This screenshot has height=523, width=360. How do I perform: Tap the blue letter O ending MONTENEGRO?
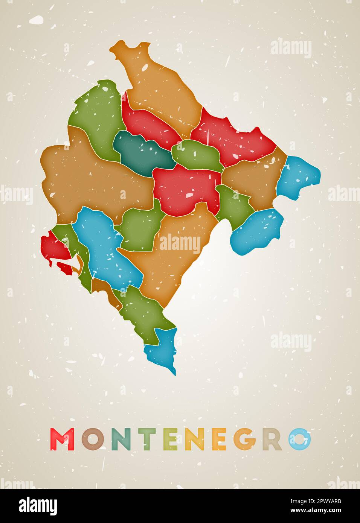(x=300, y=439)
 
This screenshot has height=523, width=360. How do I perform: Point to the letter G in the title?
(x=245, y=439)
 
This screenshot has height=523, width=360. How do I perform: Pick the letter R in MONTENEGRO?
(x=272, y=439)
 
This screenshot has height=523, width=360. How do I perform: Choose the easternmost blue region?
(x=299, y=175)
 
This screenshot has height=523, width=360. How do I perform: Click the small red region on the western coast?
(x=55, y=248)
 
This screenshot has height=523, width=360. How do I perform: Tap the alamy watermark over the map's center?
(x=180, y=243)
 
